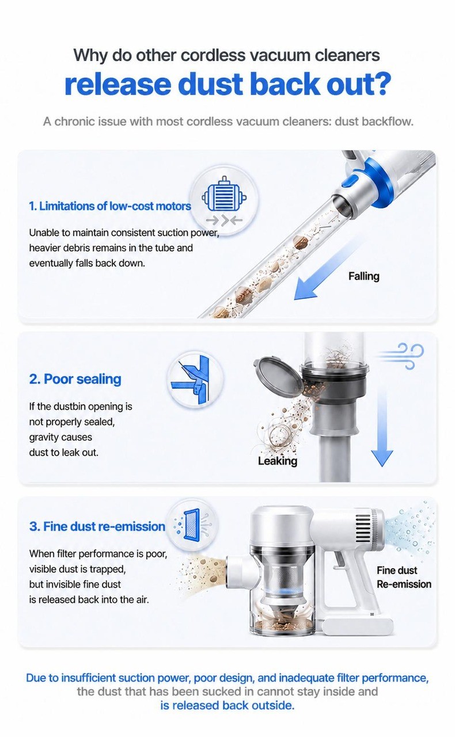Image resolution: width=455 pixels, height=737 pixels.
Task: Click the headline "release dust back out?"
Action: (227, 84)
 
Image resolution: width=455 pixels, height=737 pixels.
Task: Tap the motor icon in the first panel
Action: (224, 195)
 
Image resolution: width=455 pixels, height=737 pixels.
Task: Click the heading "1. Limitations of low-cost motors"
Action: (110, 206)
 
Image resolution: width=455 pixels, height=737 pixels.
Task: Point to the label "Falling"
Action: (364, 276)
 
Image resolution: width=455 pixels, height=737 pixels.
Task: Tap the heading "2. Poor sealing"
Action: (75, 379)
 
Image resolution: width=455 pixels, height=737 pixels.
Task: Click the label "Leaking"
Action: (278, 461)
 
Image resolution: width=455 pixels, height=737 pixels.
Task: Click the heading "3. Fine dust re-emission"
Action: (97, 526)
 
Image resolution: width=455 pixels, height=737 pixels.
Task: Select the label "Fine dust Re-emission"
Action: (404, 577)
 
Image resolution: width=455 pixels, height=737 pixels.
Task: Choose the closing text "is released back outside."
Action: (227, 705)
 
